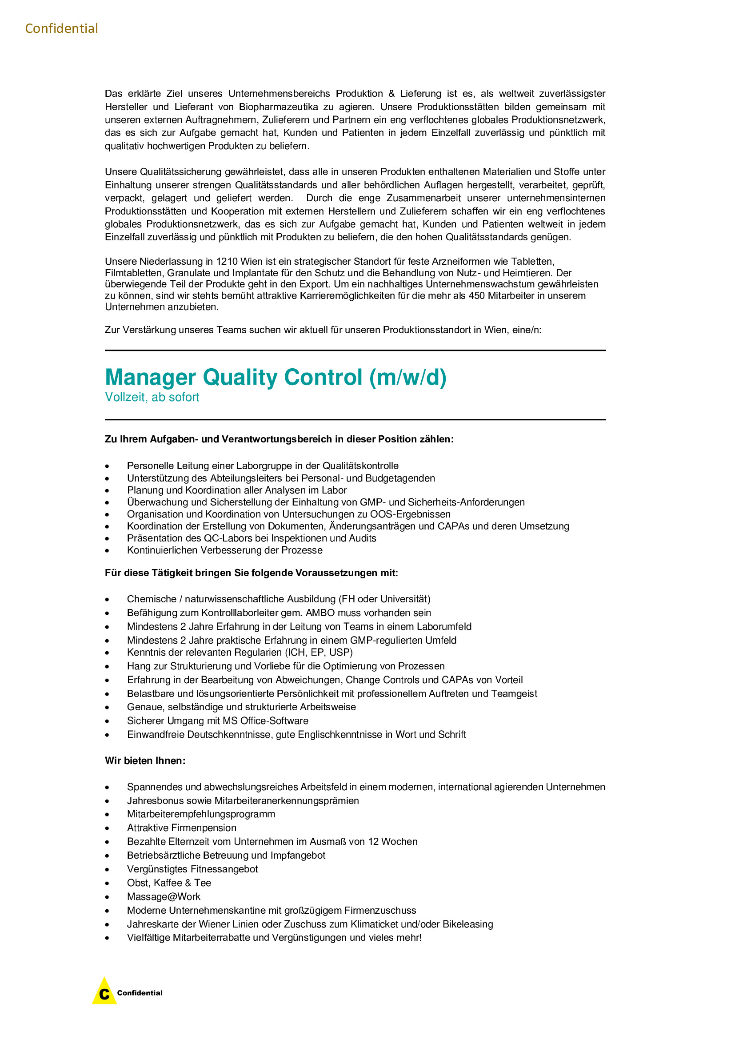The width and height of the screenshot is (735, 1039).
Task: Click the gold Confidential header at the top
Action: pyautogui.click(x=62, y=28)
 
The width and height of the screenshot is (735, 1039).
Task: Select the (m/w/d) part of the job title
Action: pyautogui.click(x=408, y=377)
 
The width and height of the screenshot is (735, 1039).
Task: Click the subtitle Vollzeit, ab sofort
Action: pyautogui.click(x=152, y=397)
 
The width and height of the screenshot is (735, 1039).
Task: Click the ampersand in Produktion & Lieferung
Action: pyautogui.click(x=391, y=94)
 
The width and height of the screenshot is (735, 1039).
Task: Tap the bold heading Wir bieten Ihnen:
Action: pyautogui.click(x=145, y=760)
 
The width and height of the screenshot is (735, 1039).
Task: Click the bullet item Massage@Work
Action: pyautogui.click(x=164, y=896)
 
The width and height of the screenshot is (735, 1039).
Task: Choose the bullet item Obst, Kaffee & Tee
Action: pyautogui.click(x=169, y=883)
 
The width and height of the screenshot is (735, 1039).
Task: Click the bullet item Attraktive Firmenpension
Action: pyautogui.click(x=181, y=828)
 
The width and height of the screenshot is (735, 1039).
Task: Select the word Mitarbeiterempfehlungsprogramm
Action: pyautogui.click(x=201, y=814)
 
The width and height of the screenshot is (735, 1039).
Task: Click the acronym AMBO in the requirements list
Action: pyautogui.click(x=320, y=613)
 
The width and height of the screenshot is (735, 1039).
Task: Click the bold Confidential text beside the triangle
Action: pyautogui.click(x=140, y=993)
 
